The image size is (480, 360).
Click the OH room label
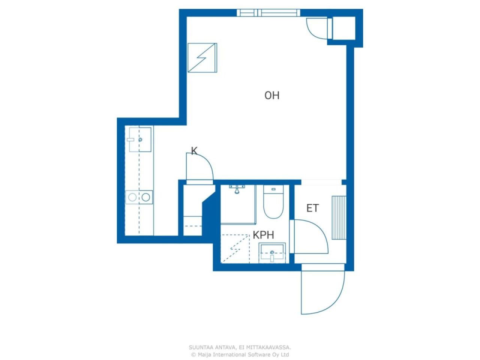[x=272, y=95]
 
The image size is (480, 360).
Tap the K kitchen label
[x=194, y=151]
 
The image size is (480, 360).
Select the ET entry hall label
[x=312, y=208]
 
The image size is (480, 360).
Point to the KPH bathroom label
[x=263, y=235]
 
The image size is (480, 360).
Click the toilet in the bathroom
[x=273, y=202]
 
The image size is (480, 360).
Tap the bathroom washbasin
[x=272, y=253]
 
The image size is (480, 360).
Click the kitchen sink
[x=140, y=139]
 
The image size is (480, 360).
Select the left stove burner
[x=132, y=197]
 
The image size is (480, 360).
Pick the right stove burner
[x=145, y=197]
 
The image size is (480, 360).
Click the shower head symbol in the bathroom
[x=237, y=189]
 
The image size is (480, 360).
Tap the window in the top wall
[x=268, y=13]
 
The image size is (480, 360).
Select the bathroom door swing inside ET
[x=310, y=237]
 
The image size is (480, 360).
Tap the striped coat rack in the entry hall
[x=339, y=218]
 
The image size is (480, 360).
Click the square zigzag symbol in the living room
[x=202, y=58]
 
